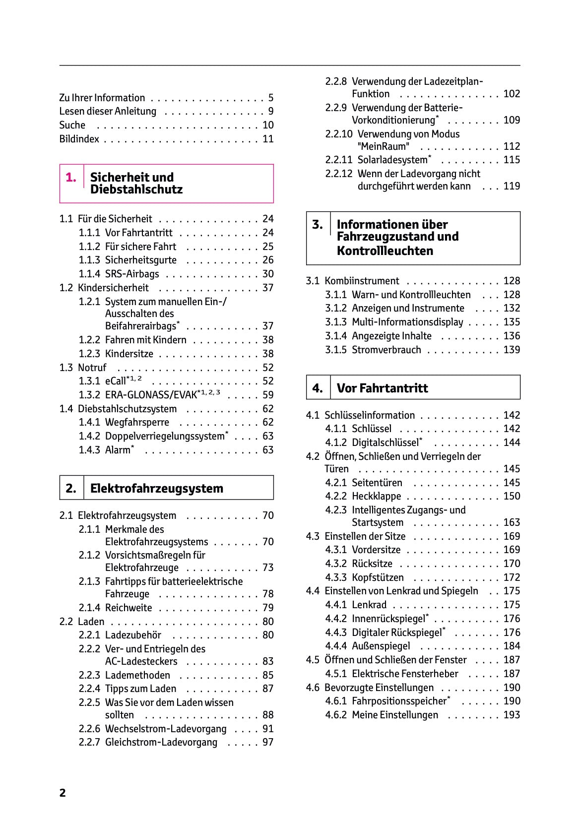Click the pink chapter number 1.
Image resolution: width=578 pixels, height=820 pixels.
[71, 178]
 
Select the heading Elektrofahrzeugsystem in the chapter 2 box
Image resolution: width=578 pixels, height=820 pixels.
[157, 488]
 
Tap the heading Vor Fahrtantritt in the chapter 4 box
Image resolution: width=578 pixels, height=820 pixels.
[382, 388]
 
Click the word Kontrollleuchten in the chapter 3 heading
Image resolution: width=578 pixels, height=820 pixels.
[385, 251]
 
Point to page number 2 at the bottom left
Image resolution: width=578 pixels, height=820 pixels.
[63, 793]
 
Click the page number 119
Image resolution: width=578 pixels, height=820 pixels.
[512, 186]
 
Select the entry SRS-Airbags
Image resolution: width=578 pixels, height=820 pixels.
[132, 274]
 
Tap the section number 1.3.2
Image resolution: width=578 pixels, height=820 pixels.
[89, 395]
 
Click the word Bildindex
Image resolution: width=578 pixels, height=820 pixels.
[79, 139]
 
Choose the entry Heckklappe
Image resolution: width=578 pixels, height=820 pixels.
[376, 496]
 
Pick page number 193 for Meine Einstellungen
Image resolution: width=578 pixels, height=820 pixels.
[512, 715]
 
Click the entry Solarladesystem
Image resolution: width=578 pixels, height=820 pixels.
[392, 160]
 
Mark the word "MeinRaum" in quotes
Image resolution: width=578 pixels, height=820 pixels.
[384, 146]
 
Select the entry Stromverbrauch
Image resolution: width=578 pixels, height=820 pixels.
[386, 350]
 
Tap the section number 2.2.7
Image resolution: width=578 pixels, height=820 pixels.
[89, 742]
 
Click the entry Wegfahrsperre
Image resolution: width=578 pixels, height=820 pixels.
[137, 423]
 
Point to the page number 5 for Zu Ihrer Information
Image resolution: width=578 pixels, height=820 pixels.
[270, 98]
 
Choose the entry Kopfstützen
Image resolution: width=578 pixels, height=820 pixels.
[378, 577]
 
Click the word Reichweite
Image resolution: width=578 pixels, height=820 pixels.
[128, 608]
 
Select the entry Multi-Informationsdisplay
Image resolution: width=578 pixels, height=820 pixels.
[407, 322]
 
